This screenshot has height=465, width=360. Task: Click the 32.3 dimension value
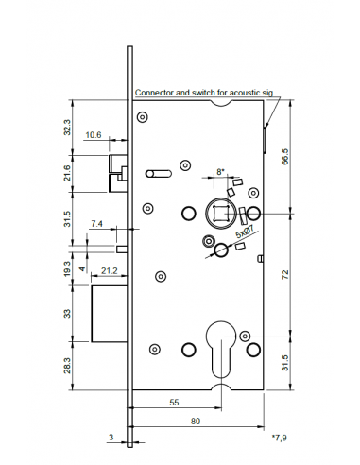(x=67, y=128)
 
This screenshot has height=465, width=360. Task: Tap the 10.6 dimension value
(x=94, y=135)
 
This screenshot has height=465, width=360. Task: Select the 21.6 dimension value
(x=67, y=173)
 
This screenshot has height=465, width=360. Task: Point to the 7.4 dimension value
(x=96, y=224)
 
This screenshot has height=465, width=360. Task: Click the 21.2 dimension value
(x=110, y=270)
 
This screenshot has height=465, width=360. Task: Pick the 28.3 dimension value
(x=67, y=366)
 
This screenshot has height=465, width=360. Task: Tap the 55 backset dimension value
(x=174, y=403)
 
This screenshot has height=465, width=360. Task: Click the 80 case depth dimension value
(x=196, y=422)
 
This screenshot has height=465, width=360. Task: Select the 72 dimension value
(x=285, y=275)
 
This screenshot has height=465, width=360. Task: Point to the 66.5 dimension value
(x=284, y=158)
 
